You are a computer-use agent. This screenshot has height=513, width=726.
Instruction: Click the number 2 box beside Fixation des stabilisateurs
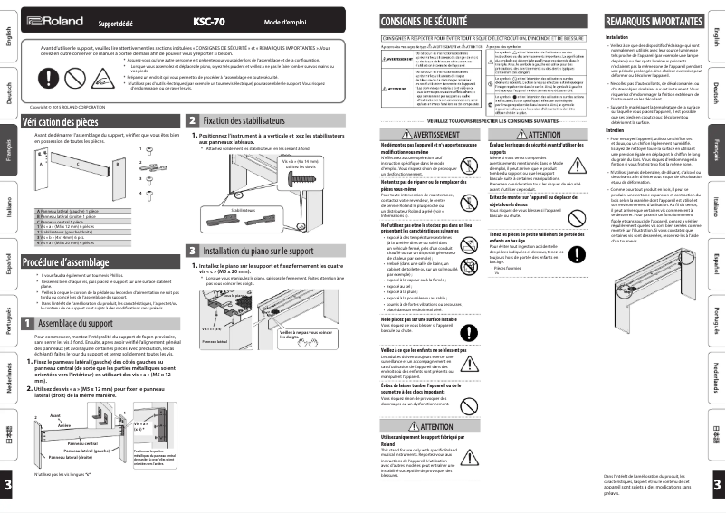193,119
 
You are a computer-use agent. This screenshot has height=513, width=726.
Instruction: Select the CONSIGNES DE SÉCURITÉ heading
424,19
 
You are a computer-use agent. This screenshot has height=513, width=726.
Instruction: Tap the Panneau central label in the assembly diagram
82,444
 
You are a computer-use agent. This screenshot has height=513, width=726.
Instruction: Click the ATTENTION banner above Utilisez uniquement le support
425,427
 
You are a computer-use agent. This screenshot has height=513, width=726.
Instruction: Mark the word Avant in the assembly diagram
55,416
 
